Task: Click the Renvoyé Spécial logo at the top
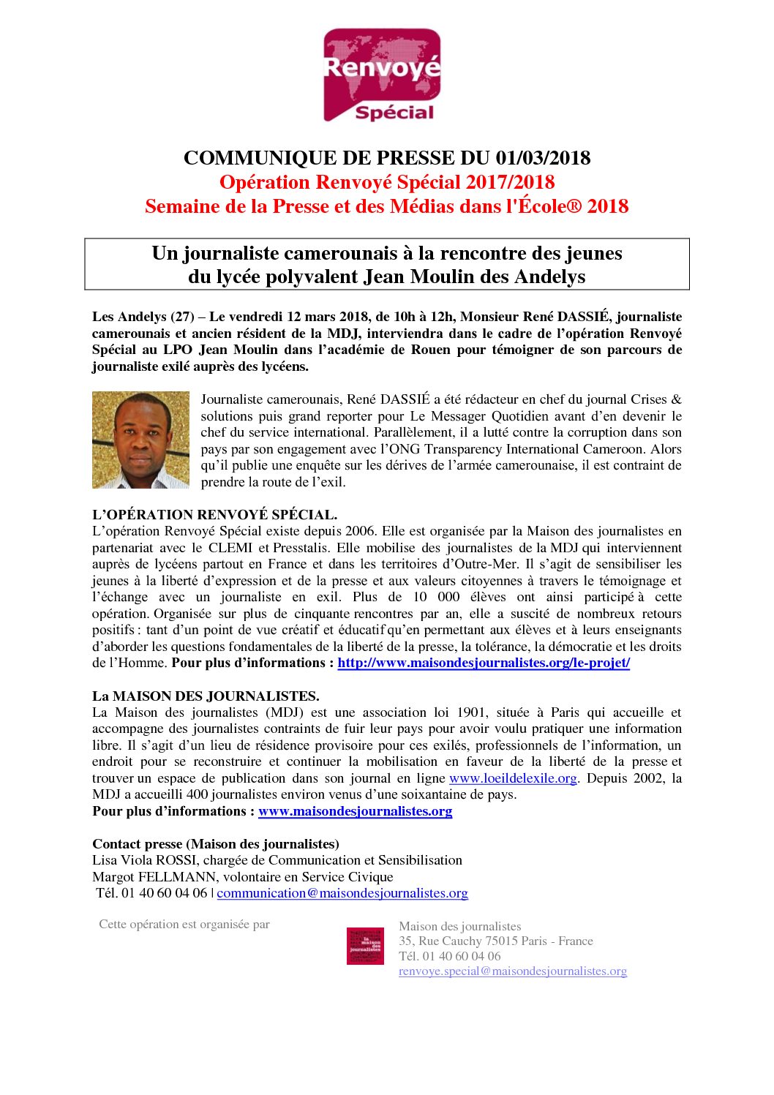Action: coord(382,75)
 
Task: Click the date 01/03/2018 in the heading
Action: coord(543,158)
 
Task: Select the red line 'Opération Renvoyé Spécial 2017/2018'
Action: coord(387,182)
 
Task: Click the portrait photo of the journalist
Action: coord(140,440)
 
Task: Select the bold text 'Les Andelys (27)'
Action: coord(143,317)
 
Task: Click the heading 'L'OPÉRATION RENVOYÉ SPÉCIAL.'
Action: coord(214,515)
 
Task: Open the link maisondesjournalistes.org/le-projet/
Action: coord(484,663)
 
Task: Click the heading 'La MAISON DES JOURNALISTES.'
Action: coord(206,696)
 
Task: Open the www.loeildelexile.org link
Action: coord(513,778)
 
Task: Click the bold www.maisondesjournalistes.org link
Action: coord(355,811)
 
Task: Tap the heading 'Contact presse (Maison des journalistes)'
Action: coord(216,844)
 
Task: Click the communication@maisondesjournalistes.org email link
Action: coord(342,893)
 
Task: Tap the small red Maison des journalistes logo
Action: coord(365,946)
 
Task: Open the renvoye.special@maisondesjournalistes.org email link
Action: coord(513,971)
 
